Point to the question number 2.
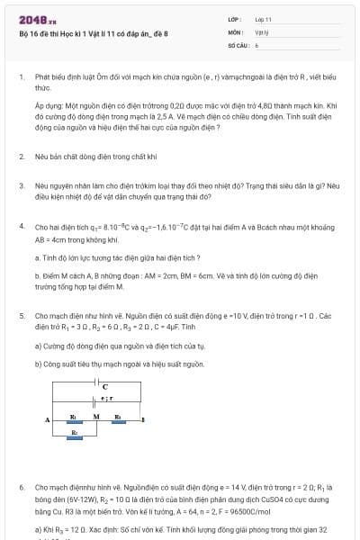click(22, 156)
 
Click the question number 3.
click(22, 184)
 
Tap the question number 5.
click(22, 316)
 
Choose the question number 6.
click(22, 486)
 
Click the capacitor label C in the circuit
click(105, 385)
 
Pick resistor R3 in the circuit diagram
click(118, 421)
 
